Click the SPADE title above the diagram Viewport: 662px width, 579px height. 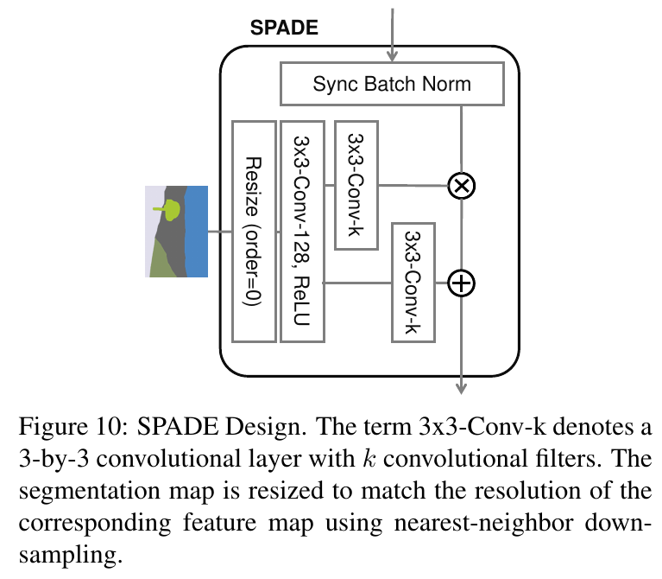click(x=284, y=27)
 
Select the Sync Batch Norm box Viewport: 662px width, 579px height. click(x=392, y=84)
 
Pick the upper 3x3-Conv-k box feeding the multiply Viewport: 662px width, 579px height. click(x=356, y=185)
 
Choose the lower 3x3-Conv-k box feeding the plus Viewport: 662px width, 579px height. click(x=413, y=282)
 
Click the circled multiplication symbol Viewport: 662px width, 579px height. click(x=463, y=185)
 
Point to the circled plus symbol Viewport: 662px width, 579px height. click(x=463, y=283)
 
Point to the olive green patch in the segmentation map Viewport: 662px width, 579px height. click(x=162, y=259)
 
